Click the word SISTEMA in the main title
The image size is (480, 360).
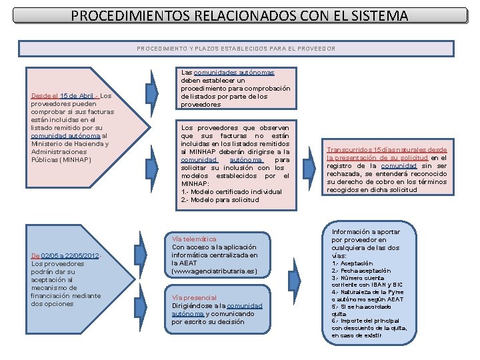click(x=373, y=15)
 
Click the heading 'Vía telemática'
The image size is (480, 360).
click(x=194, y=239)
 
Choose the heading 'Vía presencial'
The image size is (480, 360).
click(x=194, y=297)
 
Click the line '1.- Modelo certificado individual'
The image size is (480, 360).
click(x=231, y=192)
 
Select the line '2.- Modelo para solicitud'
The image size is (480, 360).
click(x=219, y=200)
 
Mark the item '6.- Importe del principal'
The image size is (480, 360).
click(x=365, y=321)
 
